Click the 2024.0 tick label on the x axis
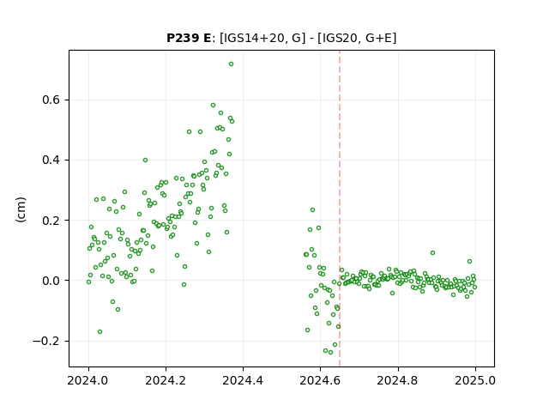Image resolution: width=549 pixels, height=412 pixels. coord(88,380)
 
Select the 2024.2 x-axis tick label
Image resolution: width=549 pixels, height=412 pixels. coord(166,380)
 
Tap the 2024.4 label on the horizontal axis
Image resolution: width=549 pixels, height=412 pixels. coord(243,380)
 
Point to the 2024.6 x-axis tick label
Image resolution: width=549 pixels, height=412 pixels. coord(320,380)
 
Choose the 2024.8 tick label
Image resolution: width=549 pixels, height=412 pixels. coord(398,380)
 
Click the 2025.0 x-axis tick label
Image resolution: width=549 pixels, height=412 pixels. coord(475,380)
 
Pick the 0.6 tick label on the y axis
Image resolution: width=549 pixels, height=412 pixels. coord(51,100)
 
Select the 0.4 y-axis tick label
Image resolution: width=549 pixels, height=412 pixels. coord(51,161)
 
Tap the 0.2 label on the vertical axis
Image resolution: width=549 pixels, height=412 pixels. coord(51,221)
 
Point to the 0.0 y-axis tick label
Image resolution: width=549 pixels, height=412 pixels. coord(51,281)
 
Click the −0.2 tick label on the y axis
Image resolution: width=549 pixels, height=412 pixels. coord(46,341)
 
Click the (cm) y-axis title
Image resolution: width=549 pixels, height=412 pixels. coord(21,209)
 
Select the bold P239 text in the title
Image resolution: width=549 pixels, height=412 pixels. coord(182,38)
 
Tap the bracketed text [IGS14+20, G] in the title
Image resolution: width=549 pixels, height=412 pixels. coord(260,38)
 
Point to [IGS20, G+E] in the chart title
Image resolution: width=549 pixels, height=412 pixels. coord(357,38)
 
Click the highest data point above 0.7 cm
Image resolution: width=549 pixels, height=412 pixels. coord(231,64)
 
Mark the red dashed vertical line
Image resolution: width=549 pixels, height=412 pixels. coord(340,209)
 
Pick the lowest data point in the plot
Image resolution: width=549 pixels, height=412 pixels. coord(330,352)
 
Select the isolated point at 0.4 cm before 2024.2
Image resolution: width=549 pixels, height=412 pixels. coord(145,161)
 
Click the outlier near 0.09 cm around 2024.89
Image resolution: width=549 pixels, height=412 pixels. coord(432,252)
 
